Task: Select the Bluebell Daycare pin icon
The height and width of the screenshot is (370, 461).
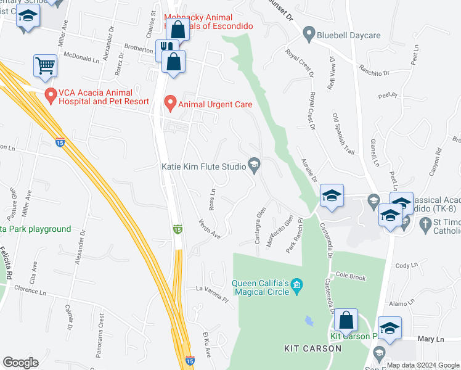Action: (309, 35)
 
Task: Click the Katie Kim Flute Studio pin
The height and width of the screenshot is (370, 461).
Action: (253, 165)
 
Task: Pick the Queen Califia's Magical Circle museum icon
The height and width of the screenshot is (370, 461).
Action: (297, 285)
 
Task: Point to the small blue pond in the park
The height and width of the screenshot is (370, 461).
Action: (308, 321)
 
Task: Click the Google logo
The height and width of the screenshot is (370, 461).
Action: (20, 363)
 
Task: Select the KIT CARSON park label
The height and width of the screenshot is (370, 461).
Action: (312, 348)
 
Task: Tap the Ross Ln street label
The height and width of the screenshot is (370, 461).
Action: (212, 200)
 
